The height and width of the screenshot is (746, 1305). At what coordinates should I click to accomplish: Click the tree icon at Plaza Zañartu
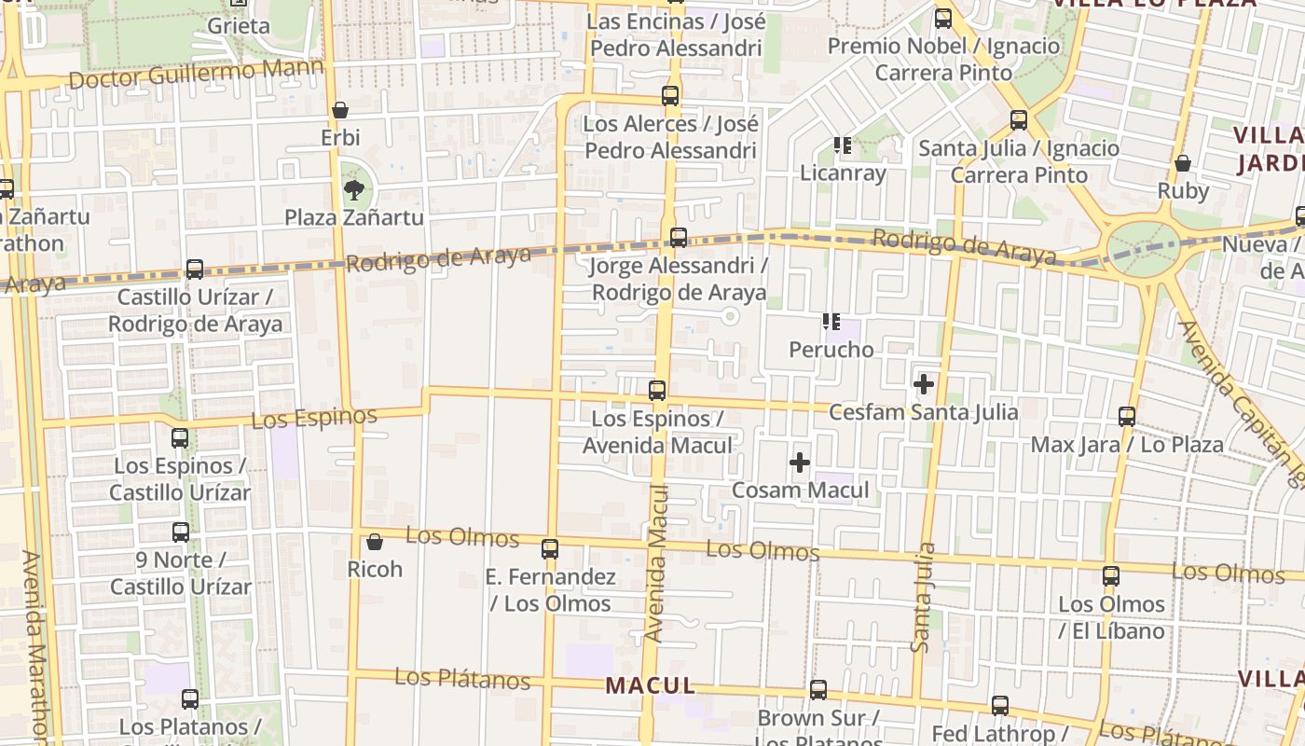(x=353, y=191)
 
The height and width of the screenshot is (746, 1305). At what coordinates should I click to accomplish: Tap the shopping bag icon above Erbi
(x=340, y=110)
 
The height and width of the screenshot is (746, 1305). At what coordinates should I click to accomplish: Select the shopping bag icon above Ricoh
(x=375, y=542)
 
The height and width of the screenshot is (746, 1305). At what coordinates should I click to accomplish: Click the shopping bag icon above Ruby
(x=1183, y=164)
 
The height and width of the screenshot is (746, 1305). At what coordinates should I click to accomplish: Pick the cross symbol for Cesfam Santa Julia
(x=924, y=384)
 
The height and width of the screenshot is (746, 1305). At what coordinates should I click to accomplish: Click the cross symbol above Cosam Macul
(x=800, y=463)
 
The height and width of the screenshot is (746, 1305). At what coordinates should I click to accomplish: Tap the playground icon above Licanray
(x=843, y=145)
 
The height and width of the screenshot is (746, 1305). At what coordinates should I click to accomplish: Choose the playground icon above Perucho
(x=831, y=323)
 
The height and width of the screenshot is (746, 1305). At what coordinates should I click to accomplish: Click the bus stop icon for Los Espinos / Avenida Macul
(x=657, y=391)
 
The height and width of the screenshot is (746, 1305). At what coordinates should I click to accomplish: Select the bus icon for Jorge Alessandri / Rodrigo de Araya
(x=679, y=238)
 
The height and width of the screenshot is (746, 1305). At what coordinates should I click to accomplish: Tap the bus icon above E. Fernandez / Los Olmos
(x=550, y=549)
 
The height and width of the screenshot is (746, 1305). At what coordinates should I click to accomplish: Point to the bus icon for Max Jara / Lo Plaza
(x=1127, y=417)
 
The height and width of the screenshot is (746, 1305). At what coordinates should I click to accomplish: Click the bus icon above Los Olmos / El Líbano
(x=1110, y=576)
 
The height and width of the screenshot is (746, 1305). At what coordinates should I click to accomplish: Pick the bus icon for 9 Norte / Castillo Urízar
(x=181, y=532)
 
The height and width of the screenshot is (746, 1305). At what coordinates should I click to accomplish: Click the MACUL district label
(x=651, y=686)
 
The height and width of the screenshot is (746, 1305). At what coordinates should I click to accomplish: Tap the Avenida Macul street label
(x=655, y=576)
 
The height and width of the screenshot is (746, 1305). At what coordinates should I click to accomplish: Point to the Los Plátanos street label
(x=462, y=679)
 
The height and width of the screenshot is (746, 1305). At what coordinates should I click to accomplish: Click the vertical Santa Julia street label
(x=924, y=597)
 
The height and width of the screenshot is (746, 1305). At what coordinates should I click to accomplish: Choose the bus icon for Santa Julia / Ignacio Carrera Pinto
(x=1019, y=120)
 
